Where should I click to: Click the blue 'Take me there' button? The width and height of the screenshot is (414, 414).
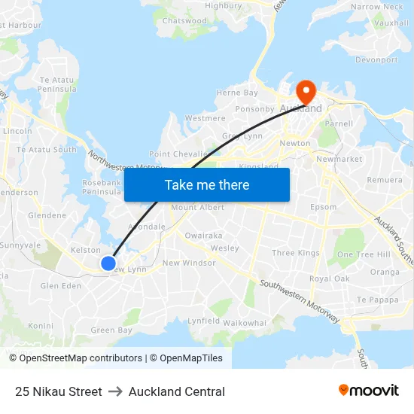pyautogui.click(x=207, y=184)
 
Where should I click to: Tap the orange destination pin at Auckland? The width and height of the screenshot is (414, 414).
pyautogui.click(x=306, y=92)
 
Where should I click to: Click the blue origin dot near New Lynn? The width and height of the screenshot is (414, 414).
pyautogui.click(x=108, y=263)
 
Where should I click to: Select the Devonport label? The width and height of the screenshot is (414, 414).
pyautogui.click(x=376, y=59)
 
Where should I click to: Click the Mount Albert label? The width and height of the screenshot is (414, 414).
pyautogui.click(x=198, y=207)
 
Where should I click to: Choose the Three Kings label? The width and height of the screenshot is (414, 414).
pyautogui.click(x=296, y=253)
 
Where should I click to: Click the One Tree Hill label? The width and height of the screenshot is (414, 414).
pyautogui.click(x=364, y=254)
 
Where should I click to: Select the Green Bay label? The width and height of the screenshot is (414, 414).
pyautogui.click(x=111, y=330)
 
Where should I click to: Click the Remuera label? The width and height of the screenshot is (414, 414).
pyautogui.click(x=385, y=180)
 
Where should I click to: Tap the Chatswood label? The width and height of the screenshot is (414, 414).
pyautogui.click(x=184, y=21)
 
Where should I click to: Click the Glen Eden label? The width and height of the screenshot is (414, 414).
pyautogui.click(x=60, y=286)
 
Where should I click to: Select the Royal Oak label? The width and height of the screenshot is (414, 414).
pyautogui.click(x=330, y=279)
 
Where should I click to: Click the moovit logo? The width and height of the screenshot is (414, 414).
pyautogui.click(x=369, y=391)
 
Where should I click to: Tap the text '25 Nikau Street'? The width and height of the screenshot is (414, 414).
pyautogui.click(x=58, y=391)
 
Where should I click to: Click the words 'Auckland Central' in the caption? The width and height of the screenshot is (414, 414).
pyautogui.click(x=177, y=391)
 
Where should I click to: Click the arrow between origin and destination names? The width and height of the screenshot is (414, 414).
pyautogui.click(x=115, y=391)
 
